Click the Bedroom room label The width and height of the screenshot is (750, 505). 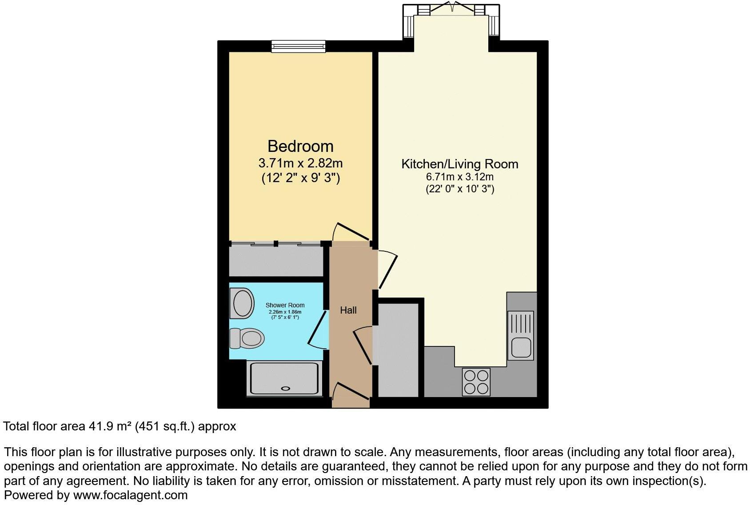coord(300,146)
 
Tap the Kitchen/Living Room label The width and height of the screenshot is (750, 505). coord(459,164)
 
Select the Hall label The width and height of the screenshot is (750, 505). coord(348,310)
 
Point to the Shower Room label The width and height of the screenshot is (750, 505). coord(285,305)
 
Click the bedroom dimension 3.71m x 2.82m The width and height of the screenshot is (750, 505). coord(300,163)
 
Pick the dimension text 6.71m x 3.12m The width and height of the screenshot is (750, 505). coord(459,177)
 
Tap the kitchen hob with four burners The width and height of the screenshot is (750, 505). coord(476,382)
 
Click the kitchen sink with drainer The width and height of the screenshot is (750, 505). coord(521,335)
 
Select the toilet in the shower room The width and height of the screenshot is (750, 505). coord(247,339)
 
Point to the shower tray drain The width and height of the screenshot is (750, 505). coord(285,388)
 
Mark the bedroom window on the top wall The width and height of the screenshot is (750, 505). coord(299,46)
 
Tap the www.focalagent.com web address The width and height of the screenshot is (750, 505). coord(130,495)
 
